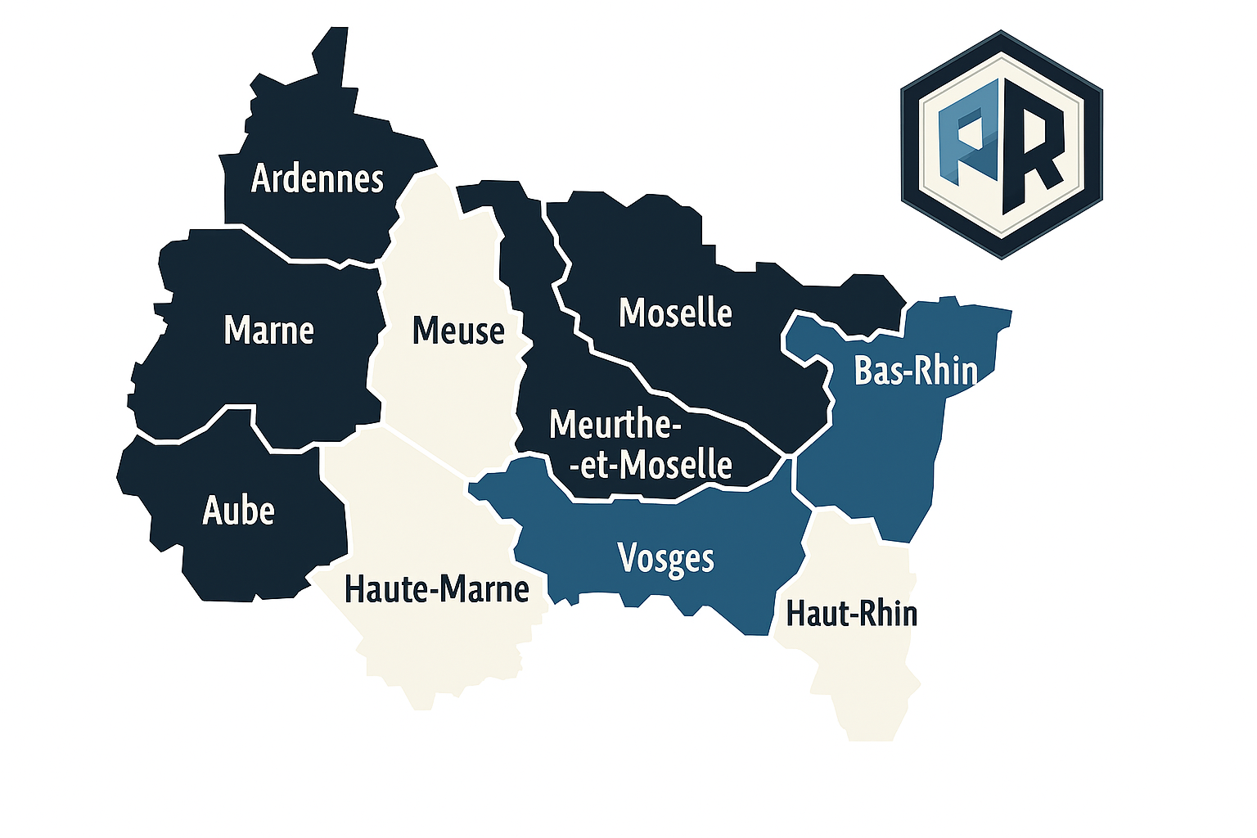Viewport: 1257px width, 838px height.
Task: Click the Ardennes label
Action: pyautogui.click(x=318, y=178)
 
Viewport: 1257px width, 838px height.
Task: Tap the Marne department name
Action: pyautogui.click(x=268, y=331)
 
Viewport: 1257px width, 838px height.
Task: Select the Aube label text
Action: pyautogui.click(x=238, y=511)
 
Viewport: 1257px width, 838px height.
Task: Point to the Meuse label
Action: pyautogui.click(x=458, y=331)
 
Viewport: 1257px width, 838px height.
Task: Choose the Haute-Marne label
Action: pyautogui.click(x=437, y=589)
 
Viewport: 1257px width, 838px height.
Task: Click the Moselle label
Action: pyautogui.click(x=675, y=313)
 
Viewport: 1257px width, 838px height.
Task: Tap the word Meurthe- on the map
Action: pyautogui.click(x=615, y=425)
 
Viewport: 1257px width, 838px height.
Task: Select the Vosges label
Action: pyautogui.click(x=666, y=559)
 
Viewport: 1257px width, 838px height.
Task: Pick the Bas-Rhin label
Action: pyautogui.click(x=916, y=371)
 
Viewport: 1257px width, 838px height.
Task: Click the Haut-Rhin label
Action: pyautogui.click(x=851, y=613)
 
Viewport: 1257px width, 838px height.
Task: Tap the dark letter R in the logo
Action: pyautogui.click(x=1033, y=147)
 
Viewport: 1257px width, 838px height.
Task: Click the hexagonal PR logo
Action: pyautogui.click(x=1001, y=145)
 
